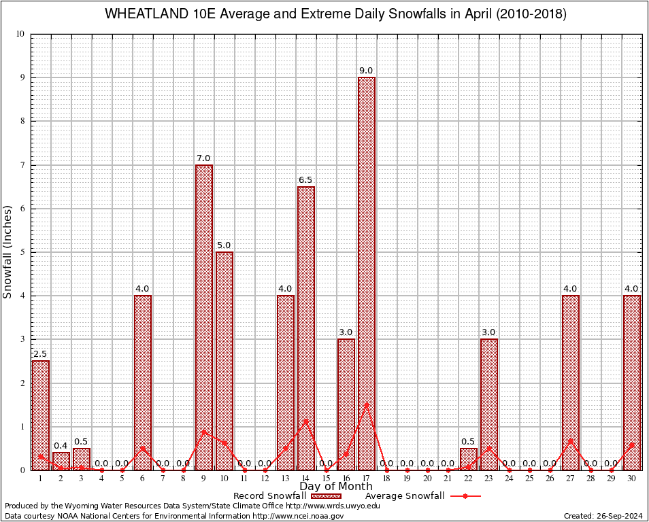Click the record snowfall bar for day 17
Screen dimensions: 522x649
[367, 272]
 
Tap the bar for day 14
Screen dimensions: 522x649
[305, 326]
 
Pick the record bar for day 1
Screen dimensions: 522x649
[40, 415]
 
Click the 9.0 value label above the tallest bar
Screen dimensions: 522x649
[366, 71]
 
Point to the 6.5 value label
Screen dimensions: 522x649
[305, 179]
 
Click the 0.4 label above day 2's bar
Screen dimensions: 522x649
[61, 446]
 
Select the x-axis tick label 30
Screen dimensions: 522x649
[632, 478]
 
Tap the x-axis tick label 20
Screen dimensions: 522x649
[428, 478]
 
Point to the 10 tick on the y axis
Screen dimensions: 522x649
[20, 35]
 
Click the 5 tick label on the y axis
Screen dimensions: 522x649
[22, 252]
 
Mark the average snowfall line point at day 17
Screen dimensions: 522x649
[367, 404]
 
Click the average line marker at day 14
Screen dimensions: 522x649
[305, 421]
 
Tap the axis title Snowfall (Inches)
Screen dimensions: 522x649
[8, 251]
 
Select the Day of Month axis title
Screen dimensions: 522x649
[336, 487]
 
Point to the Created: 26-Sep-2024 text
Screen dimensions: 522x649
[603, 516]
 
